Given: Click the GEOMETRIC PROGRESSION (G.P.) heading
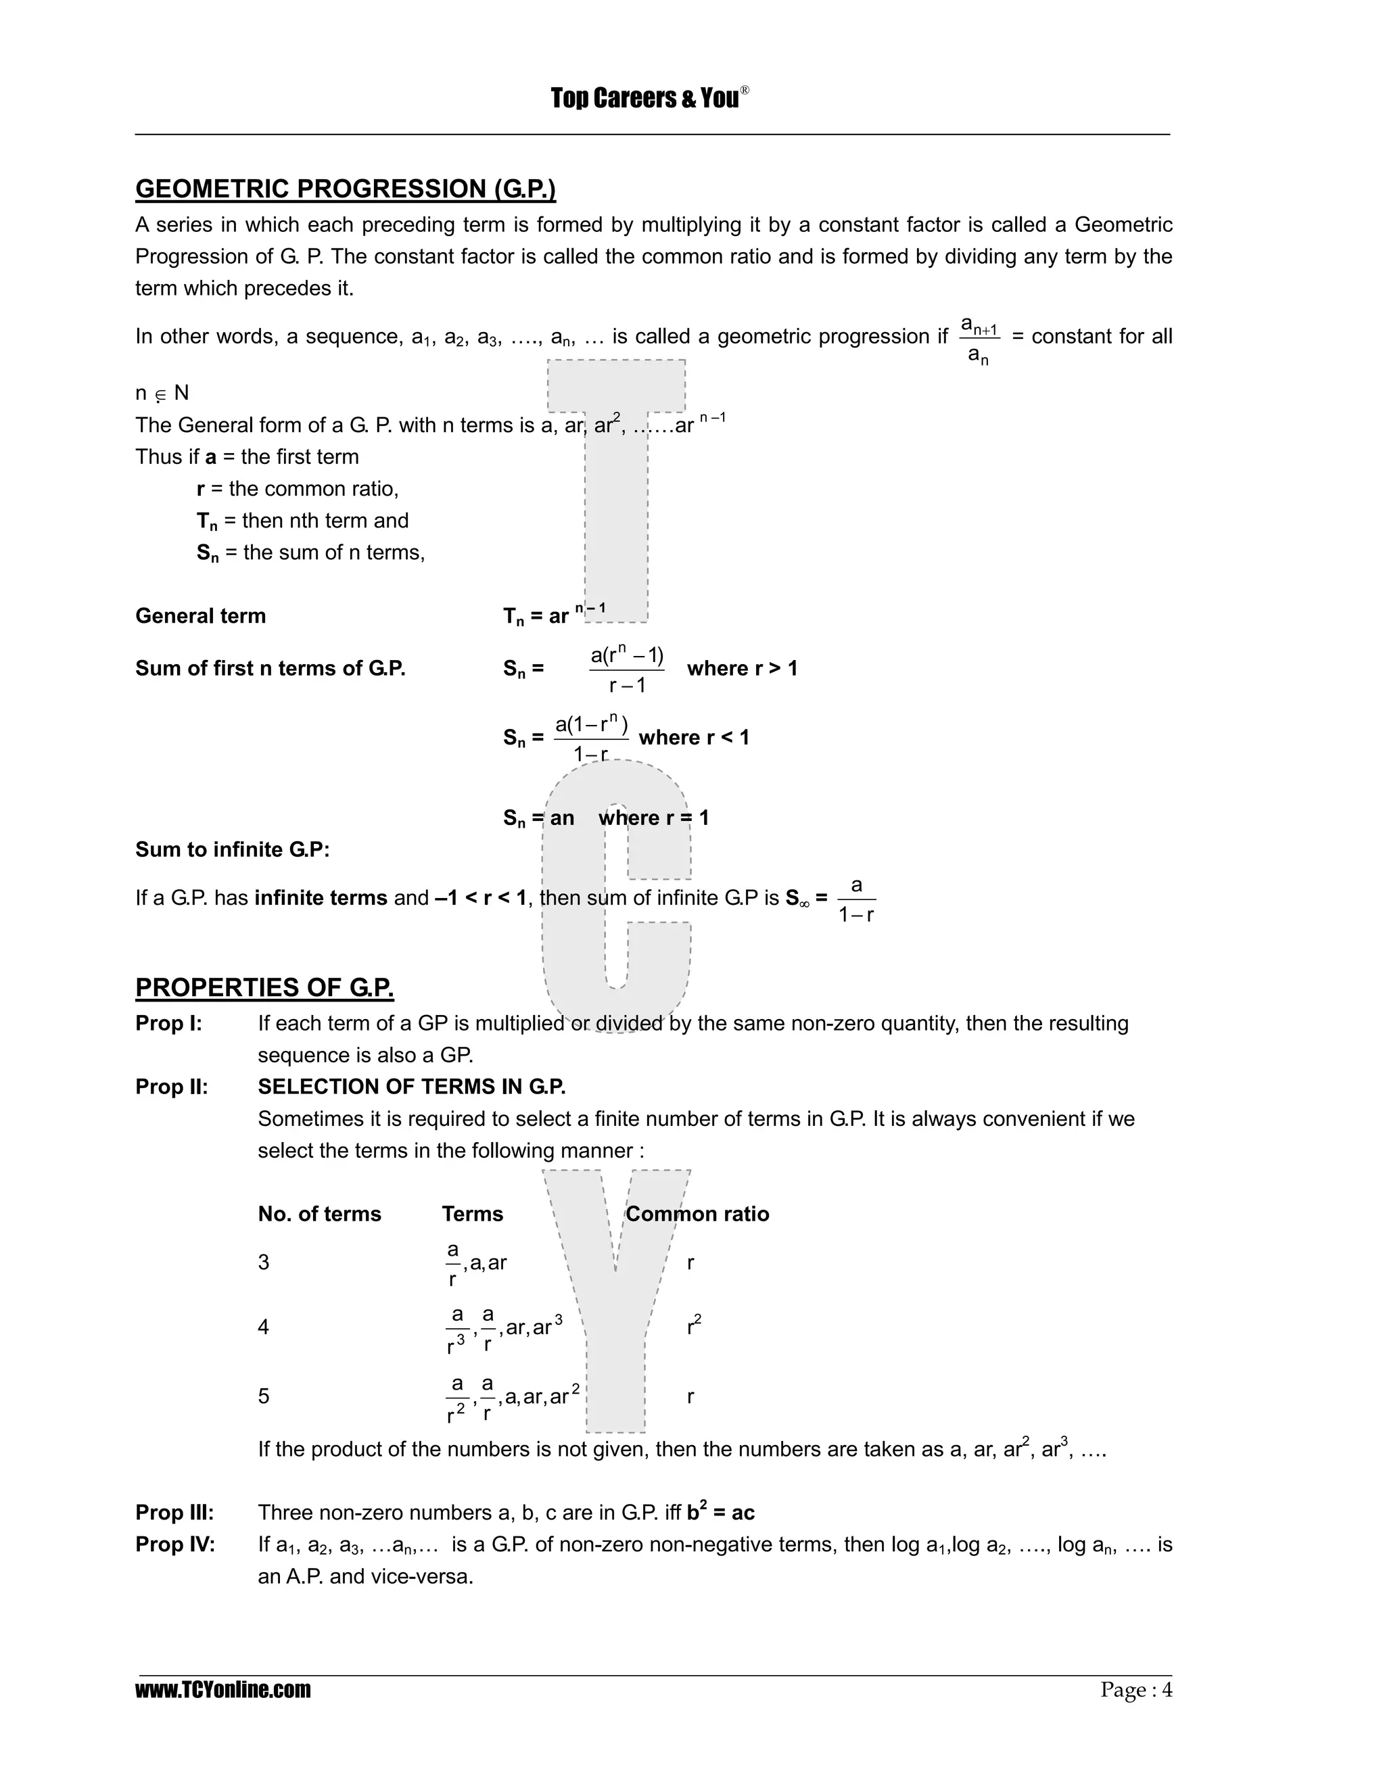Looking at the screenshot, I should point(346,189).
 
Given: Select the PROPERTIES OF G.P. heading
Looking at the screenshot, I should point(264,987).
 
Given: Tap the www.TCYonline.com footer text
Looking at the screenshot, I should point(223,1691).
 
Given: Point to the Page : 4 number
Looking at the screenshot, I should point(1135,1691).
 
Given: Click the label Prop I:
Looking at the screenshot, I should point(168,1023).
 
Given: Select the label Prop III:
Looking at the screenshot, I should point(174,1512).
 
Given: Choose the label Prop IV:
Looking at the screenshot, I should point(174,1545).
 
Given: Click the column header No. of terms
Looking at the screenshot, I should point(319,1214).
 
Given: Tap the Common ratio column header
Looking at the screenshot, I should point(697,1214).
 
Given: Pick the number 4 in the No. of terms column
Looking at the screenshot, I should point(263,1327).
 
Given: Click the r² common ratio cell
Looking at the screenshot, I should point(694,1325).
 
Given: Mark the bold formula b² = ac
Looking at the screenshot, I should point(720,1511).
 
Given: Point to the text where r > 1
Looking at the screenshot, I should point(742,668).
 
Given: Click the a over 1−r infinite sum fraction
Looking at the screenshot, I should point(857,899).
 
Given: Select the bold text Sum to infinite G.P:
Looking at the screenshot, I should point(232,849).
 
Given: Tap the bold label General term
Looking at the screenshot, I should point(200,615).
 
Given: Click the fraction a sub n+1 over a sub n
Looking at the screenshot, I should point(979,339).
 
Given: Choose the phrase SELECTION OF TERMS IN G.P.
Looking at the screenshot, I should point(412,1087).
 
